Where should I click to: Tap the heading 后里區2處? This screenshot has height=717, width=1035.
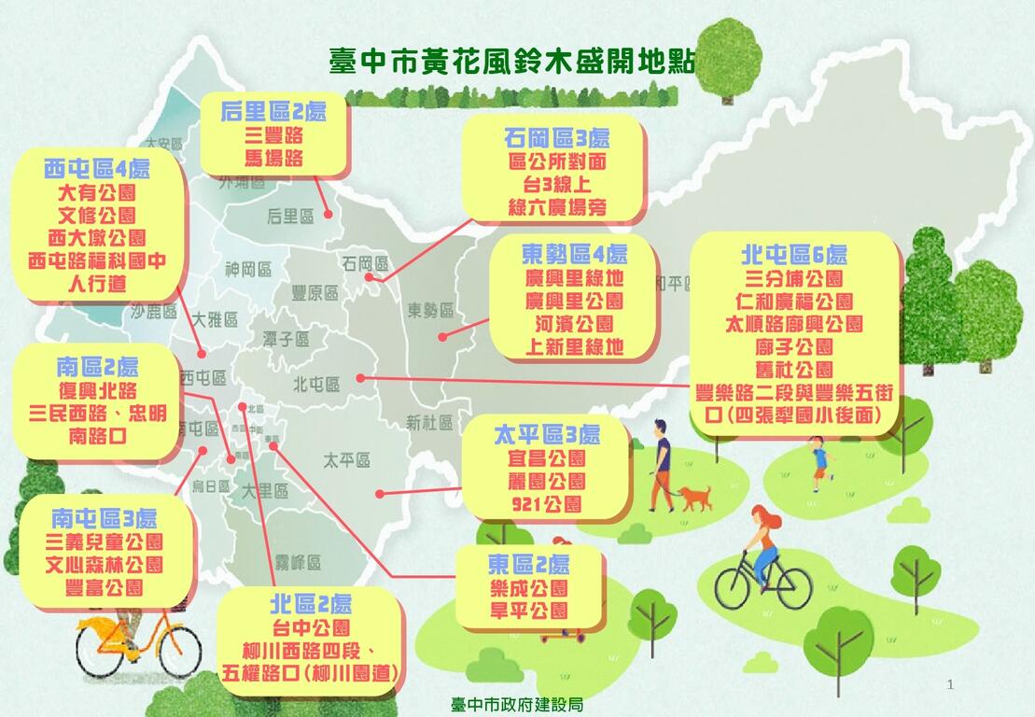273,112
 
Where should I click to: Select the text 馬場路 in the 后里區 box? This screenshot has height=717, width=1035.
273,158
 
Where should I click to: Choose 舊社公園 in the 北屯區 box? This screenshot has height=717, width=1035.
794,371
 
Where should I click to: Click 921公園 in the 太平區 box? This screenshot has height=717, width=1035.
546,505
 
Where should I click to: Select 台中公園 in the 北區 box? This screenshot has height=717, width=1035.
311,626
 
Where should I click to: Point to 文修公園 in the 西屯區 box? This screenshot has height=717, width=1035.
97,216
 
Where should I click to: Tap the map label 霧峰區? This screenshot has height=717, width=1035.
298,563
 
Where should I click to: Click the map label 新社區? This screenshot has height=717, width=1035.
429,424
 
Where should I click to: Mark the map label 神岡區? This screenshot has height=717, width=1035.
248,270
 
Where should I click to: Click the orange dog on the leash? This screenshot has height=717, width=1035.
695,497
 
